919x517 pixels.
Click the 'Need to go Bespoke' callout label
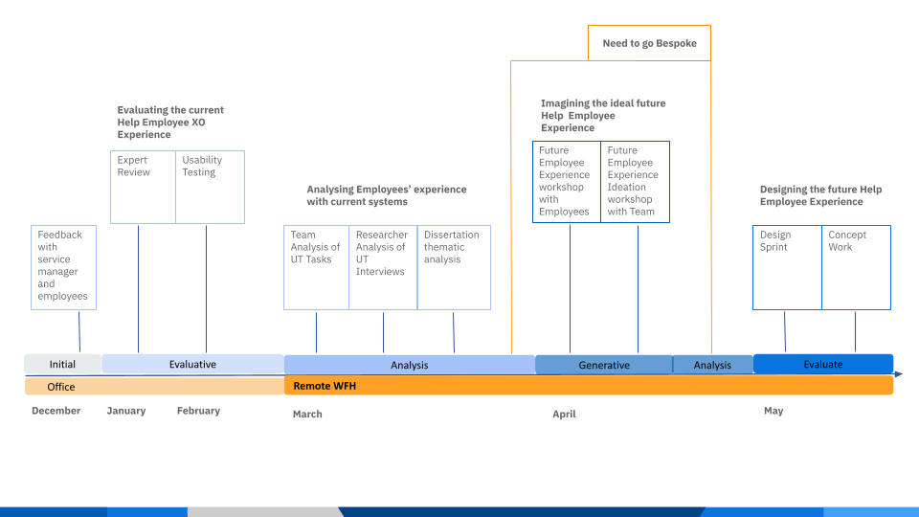(x=649, y=43)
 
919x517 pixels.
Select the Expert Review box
(x=143, y=187)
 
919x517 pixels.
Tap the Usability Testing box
(x=210, y=187)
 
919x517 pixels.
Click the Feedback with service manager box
(x=63, y=267)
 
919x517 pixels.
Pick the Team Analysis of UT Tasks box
(x=316, y=267)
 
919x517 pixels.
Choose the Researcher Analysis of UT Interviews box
(x=383, y=267)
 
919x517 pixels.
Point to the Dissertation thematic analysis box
(x=454, y=267)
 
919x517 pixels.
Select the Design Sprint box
(x=787, y=267)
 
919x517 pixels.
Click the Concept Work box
(x=856, y=267)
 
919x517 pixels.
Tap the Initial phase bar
(x=62, y=364)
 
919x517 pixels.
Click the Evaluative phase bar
(x=192, y=364)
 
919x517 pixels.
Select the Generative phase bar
(x=604, y=365)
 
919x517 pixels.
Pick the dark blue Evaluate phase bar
(x=823, y=364)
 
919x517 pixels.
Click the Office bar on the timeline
(x=153, y=387)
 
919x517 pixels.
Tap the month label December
(x=56, y=411)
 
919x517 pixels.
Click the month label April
(x=564, y=415)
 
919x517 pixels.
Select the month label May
(x=773, y=411)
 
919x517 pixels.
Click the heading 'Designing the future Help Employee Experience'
(x=820, y=195)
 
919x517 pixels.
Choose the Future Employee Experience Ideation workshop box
(x=635, y=181)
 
